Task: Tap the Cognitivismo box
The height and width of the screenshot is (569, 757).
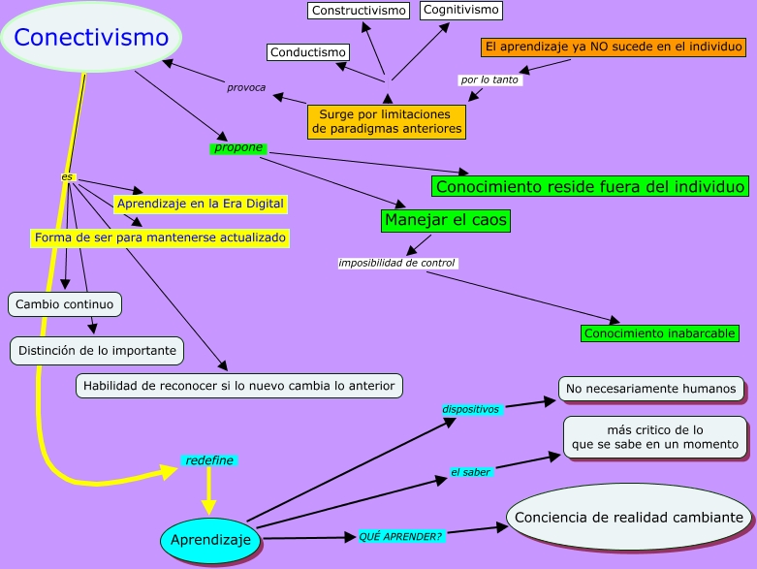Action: [461, 10]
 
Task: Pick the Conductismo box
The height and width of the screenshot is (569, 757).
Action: [307, 52]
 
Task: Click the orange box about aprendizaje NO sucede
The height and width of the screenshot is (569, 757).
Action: [613, 47]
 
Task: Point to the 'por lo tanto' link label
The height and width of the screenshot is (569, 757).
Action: [489, 79]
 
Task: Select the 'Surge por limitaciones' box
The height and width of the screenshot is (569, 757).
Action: [386, 121]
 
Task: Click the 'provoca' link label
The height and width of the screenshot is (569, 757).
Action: [246, 87]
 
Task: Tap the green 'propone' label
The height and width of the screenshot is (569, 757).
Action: [238, 148]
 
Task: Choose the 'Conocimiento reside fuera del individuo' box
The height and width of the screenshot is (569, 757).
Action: [590, 186]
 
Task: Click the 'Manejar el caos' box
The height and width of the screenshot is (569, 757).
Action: [446, 220]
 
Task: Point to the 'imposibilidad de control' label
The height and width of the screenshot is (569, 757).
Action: [396, 263]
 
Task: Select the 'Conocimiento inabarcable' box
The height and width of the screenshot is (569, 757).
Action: [660, 333]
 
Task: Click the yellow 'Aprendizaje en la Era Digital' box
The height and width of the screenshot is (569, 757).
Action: [201, 204]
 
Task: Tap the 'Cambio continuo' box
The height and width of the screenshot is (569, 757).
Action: [66, 304]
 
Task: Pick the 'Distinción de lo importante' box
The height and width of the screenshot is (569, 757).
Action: [97, 350]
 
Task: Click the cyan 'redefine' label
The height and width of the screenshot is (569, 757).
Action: [209, 459]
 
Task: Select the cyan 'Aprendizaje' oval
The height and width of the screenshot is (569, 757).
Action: [210, 539]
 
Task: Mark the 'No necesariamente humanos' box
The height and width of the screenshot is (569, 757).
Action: [651, 389]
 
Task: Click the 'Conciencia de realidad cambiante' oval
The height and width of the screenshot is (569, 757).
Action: [629, 518]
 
